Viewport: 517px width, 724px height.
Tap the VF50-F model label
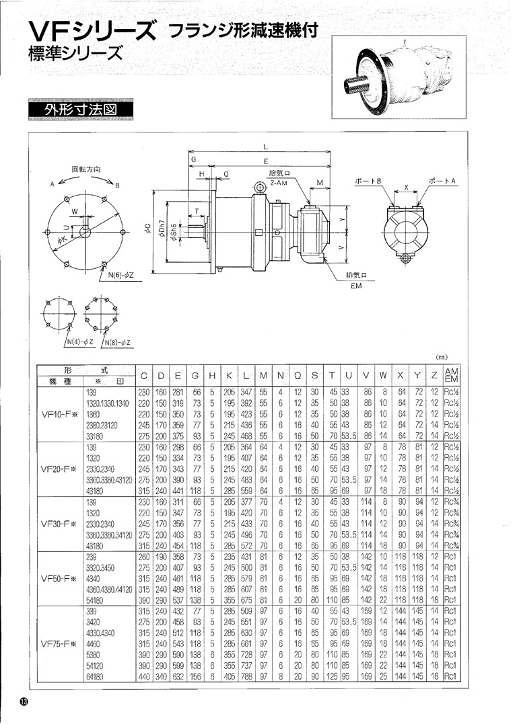click(59, 577)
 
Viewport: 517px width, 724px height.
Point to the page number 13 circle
click(24, 701)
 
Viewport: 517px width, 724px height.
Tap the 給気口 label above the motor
click(278, 173)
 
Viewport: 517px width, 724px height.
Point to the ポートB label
click(369, 182)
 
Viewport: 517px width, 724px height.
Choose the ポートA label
click(442, 182)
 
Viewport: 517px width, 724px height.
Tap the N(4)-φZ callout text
click(79, 344)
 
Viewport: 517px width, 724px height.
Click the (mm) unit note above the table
click(442, 357)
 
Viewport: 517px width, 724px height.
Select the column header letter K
click(230, 374)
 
